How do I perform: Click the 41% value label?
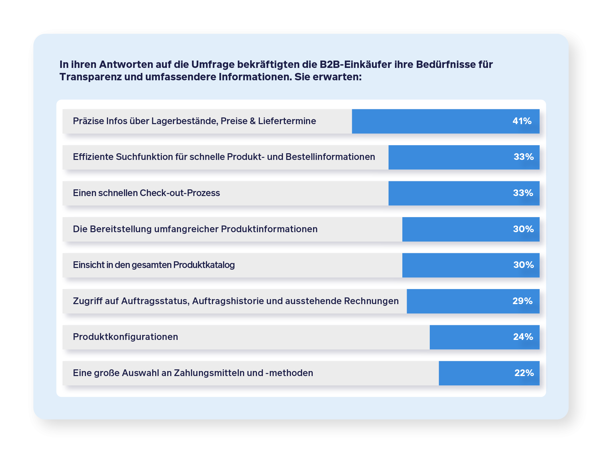pos(522,121)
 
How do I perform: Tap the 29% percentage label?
pos(522,301)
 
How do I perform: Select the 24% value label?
pos(523,337)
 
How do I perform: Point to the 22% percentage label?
pos(524,373)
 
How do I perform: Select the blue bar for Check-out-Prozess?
pos(448,193)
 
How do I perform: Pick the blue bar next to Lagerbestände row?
pos(428,121)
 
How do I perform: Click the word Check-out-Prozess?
pos(180,193)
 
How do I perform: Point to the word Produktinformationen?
pos(269,229)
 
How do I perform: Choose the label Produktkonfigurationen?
pos(125,337)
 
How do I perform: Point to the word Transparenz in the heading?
pos(91,77)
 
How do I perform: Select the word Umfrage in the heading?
pos(213,64)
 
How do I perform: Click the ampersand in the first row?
pos(253,121)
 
